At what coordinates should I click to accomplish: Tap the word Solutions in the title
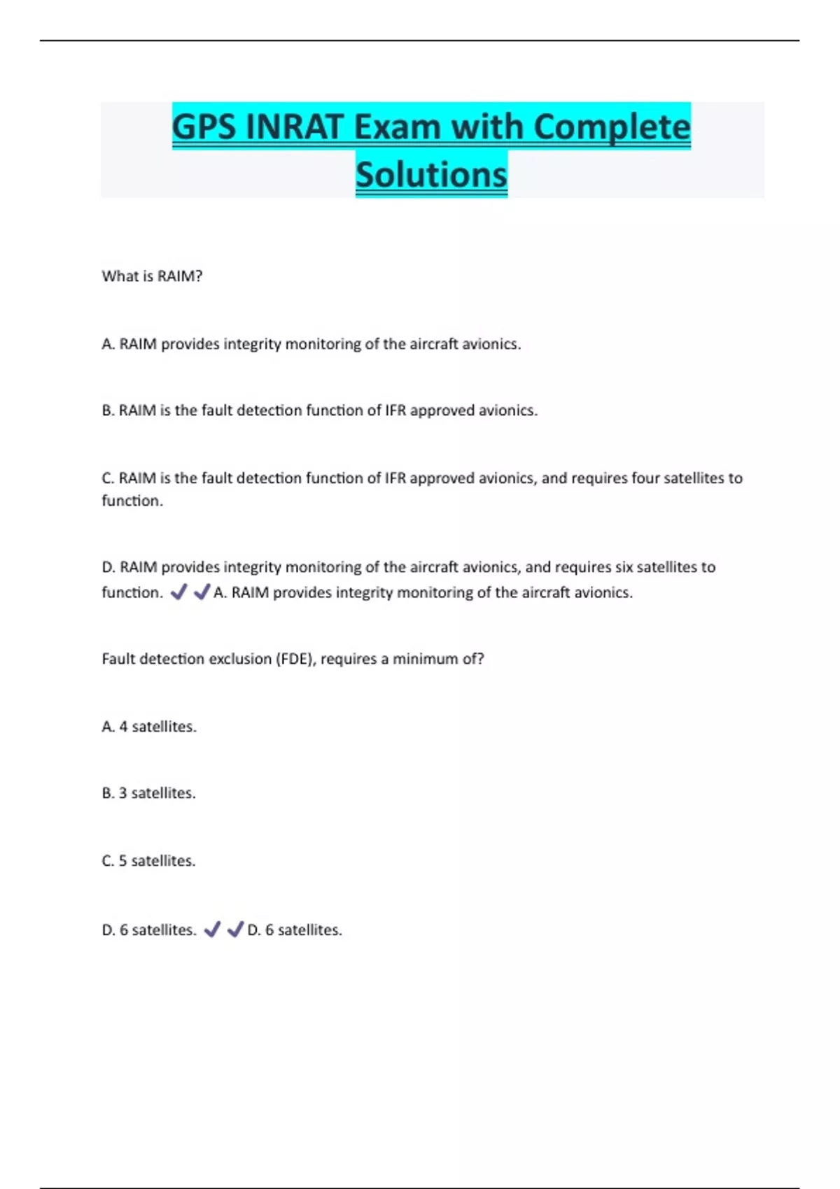click(x=431, y=175)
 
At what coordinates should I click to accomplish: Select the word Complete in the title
click(x=611, y=128)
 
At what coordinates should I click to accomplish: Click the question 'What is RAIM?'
click(x=152, y=276)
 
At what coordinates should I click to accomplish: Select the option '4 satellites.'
click(x=149, y=727)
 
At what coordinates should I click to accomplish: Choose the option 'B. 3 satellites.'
click(x=148, y=793)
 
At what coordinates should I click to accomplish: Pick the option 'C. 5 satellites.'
click(x=148, y=861)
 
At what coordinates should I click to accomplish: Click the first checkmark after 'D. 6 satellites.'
click(x=211, y=930)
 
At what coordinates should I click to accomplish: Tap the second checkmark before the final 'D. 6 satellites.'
click(x=235, y=930)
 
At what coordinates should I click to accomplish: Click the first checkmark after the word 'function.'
click(x=178, y=592)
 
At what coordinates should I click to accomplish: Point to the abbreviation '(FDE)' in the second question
click(x=295, y=659)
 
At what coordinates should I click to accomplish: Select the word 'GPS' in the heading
click(x=204, y=128)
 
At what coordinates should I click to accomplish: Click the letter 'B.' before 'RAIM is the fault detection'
click(x=108, y=411)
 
